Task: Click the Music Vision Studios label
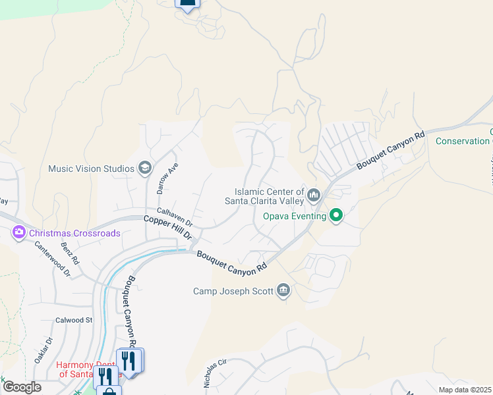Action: coord(91,169)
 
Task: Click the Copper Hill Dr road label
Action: coord(168,226)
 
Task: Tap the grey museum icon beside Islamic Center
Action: coord(314,195)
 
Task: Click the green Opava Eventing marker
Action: coord(335,215)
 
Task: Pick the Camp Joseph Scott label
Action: coord(233,291)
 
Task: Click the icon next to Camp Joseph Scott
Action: coord(283,290)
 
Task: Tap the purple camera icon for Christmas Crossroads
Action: coord(18,232)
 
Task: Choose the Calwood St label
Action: coord(74,320)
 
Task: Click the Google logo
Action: coord(22,387)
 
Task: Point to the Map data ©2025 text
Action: coord(465,390)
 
